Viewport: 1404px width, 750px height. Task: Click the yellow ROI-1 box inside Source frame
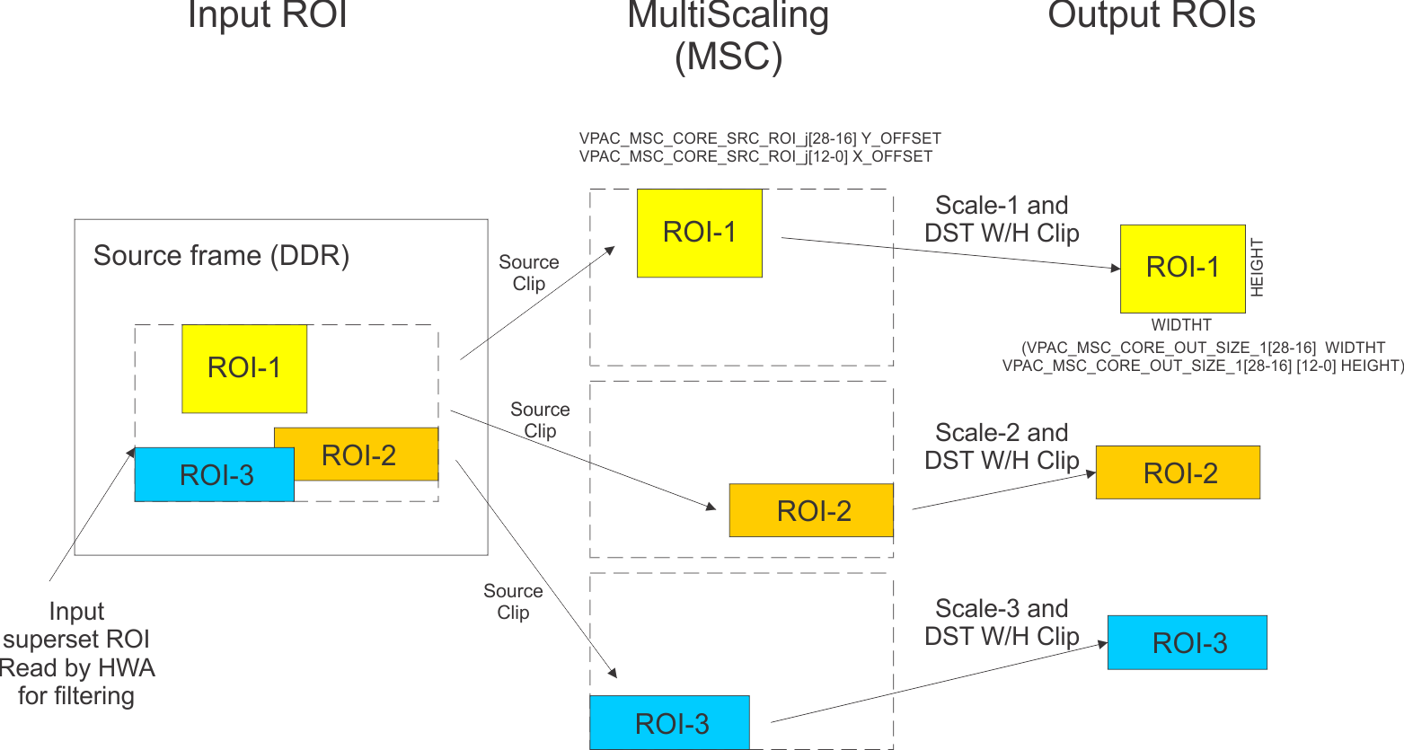(244, 368)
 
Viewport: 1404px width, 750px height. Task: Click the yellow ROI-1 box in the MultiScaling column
(699, 233)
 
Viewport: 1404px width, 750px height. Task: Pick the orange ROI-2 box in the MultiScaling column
(811, 510)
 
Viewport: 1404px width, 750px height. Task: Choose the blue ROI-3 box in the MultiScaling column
(669, 722)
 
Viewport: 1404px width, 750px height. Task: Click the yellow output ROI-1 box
(1182, 268)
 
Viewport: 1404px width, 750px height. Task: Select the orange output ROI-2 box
(1178, 472)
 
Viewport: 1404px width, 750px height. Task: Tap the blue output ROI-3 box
(1187, 642)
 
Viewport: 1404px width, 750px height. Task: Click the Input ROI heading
(267, 15)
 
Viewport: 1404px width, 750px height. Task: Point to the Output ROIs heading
(1151, 15)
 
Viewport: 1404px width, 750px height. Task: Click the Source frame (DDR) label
(221, 256)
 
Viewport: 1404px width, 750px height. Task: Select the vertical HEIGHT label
(1257, 268)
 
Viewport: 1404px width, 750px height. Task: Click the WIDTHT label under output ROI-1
(1181, 325)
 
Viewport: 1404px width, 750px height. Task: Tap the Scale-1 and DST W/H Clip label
(1002, 219)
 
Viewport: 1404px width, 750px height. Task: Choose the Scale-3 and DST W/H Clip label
(1002, 622)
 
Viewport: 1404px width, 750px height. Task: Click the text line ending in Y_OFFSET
(760, 138)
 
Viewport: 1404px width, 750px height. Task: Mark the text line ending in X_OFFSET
(755, 156)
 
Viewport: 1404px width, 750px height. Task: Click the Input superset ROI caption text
(76, 653)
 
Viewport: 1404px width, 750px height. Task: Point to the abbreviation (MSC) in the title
(728, 57)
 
